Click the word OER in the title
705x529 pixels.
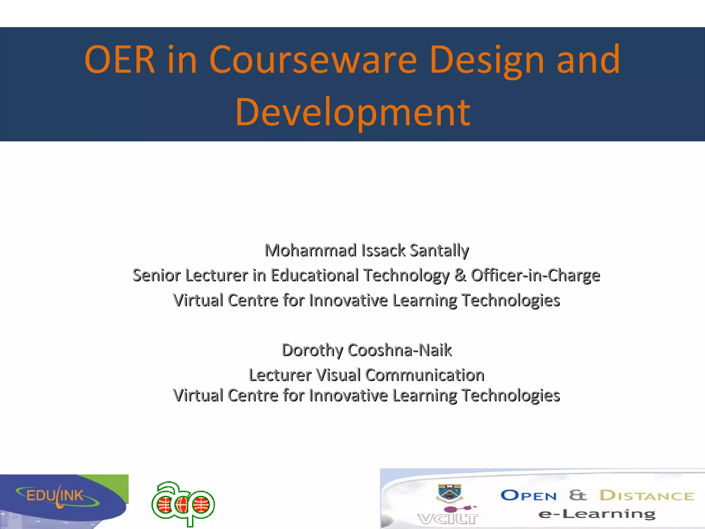point(119,60)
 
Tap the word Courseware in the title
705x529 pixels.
point(313,60)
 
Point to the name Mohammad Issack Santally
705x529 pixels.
point(367,250)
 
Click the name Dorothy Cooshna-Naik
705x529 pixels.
point(367,350)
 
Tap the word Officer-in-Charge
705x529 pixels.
point(535,276)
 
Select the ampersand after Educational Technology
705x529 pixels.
point(460,276)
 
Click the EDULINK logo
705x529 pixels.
point(55,496)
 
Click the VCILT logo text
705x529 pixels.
point(448,519)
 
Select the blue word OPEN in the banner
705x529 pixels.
point(528,496)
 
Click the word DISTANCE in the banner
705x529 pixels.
point(646,496)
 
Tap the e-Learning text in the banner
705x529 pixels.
point(597,514)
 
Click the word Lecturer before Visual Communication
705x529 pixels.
point(280,375)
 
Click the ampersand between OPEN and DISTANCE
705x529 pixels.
point(577,495)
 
